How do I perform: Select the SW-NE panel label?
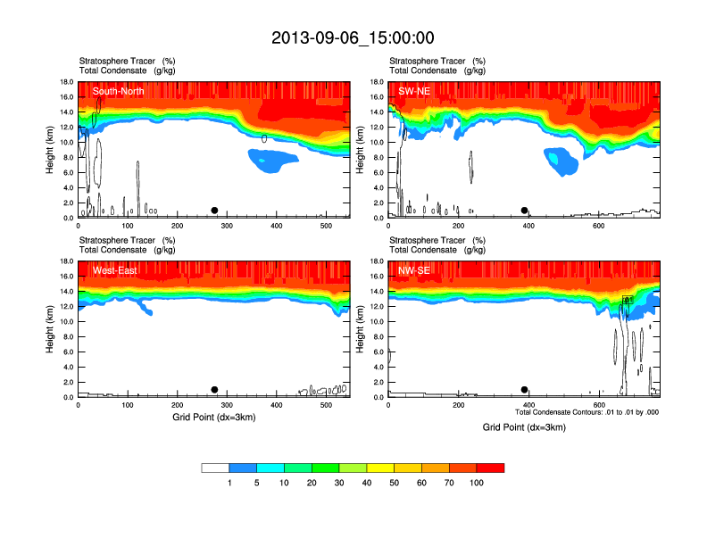pyautogui.click(x=414, y=91)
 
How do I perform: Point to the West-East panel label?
pyautogui.click(x=114, y=270)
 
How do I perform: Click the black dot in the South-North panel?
pyautogui.click(x=214, y=211)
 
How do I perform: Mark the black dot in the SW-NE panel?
pyautogui.click(x=525, y=211)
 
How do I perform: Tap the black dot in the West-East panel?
pyautogui.click(x=214, y=390)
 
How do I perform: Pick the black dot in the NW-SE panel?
pyautogui.click(x=524, y=390)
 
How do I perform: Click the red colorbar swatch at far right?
pyautogui.click(x=490, y=467)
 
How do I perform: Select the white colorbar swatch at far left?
pyautogui.click(x=216, y=467)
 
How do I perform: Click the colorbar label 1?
pyautogui.click(x=230, y=483)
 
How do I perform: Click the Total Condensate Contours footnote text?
pyautogui.click(x=586, y=411)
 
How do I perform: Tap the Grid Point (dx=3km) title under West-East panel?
pyautogui.click(x=212, y=417)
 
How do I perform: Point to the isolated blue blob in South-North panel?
pyautogui.click(x=272, y=161)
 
